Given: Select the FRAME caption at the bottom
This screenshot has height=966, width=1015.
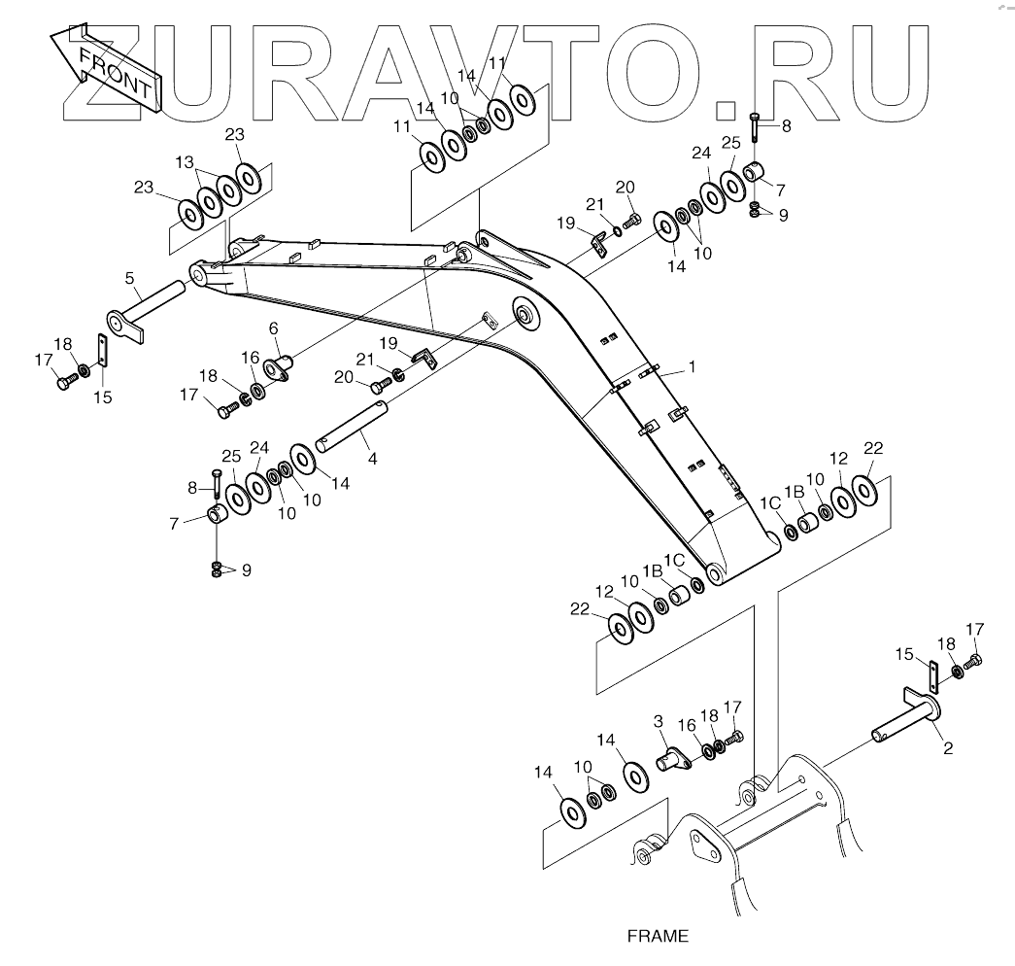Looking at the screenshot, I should click(658, 937).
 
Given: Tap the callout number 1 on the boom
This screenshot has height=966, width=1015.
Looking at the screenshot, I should click(693, 367).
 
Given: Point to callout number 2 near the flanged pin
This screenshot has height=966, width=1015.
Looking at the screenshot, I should click(947, 748).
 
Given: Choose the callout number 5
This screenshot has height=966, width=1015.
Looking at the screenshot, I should click(129, 279).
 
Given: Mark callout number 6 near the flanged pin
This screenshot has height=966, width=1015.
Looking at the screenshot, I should click(273, 328).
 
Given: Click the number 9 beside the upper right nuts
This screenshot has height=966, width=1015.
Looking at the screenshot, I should click(783, 216).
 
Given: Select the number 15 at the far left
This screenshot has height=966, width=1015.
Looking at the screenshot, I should click(102, 397).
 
